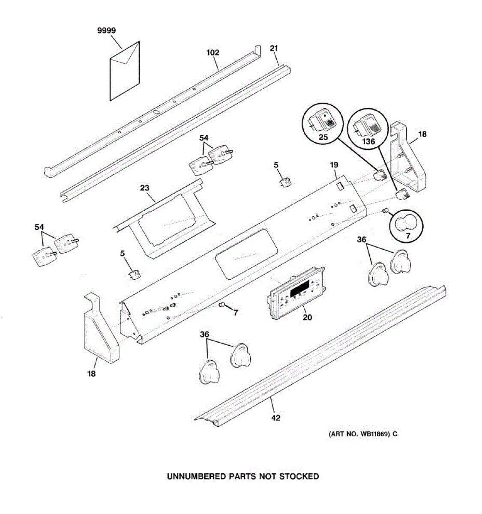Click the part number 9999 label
106,31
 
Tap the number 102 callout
213,53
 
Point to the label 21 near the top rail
274,48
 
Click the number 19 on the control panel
334,165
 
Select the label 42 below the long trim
276,418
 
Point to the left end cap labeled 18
100,330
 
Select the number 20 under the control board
308,317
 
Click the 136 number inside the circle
368,141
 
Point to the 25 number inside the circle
323,137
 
